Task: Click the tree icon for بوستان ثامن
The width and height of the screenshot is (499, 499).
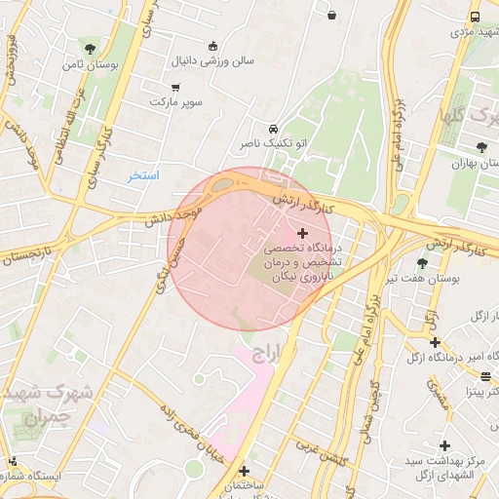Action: [90, 48]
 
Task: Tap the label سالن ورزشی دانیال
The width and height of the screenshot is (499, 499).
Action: [213, 60]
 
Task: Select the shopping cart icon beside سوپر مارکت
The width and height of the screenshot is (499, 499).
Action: [174, 87]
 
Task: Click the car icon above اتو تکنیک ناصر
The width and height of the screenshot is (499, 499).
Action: [273, 129]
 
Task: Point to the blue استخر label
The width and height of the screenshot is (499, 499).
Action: [143, 175]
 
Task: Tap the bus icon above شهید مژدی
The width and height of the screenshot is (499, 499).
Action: [475, 17]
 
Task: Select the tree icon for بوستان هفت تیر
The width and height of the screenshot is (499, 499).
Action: [422, 263]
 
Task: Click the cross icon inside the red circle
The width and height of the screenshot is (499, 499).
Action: [302, 233]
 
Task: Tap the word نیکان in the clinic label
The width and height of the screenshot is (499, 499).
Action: [284, 278]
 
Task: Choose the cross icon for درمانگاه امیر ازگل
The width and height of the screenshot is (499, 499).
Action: [435, 342]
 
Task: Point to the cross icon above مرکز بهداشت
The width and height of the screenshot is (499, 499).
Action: [444, 444]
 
